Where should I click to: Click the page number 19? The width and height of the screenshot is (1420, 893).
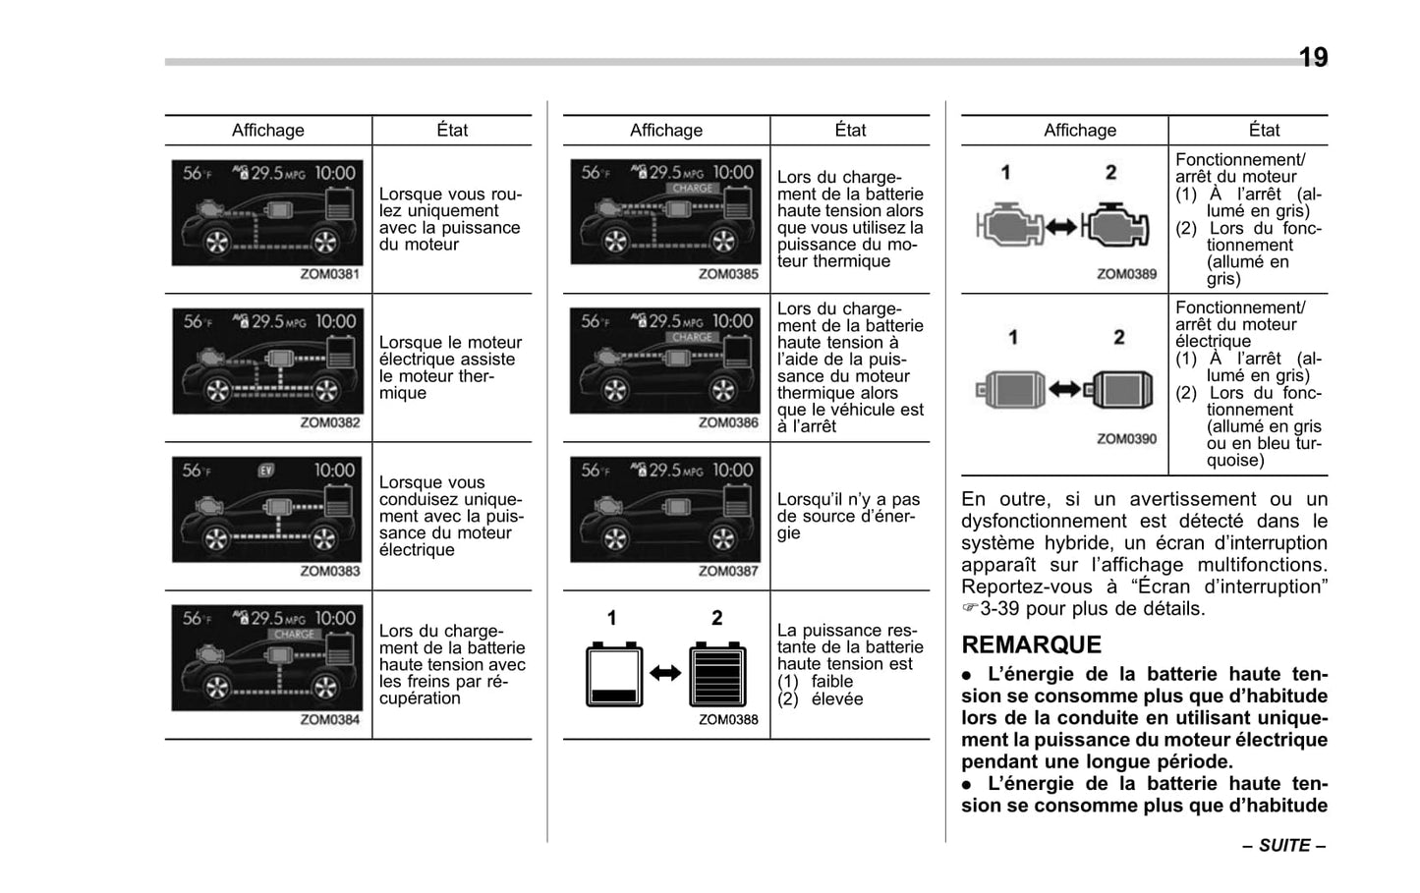coord(1313,58)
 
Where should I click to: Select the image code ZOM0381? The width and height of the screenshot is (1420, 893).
coord(329,275)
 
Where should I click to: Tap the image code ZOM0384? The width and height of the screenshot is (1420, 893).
coord(329,720)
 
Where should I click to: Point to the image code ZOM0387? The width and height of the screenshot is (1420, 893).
coord(728,571)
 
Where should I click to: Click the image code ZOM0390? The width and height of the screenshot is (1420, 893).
coord(1126,439)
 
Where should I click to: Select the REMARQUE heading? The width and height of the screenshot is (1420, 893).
coord(1031,645)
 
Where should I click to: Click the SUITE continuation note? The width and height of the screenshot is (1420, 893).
coord(1283,846)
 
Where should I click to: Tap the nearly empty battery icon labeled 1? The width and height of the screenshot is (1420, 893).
coord(614,674)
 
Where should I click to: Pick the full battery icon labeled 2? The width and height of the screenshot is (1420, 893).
coord(718,674)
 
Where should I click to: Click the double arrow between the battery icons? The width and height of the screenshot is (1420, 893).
coord(665,674)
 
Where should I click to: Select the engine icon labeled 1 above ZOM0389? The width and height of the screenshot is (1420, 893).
coord(1008,226)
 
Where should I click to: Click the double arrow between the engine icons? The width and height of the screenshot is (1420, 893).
coord(1060,227)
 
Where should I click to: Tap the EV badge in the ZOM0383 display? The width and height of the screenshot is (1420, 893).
coord(266,471)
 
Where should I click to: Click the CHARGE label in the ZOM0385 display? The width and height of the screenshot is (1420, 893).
coord(692,189)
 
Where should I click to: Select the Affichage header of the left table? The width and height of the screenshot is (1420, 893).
coord(267,131)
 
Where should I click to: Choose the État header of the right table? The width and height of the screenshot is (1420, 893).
coord(1264,131)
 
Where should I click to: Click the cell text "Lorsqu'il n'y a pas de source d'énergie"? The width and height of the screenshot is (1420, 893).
coord(848,517)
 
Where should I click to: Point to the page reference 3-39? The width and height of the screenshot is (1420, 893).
coord(1001,609)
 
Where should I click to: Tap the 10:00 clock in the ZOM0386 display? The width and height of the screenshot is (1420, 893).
coord(732,321)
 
